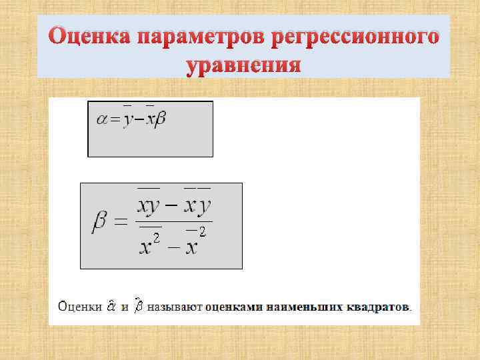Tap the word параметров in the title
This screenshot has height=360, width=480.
point(199,37)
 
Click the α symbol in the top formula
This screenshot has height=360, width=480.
point(102,119)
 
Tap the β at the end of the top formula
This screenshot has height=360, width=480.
point(159,119)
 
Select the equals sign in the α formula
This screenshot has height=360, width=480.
point(115,120)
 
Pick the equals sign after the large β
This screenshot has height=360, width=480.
point(120,224)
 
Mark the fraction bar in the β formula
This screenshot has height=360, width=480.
point(174,222)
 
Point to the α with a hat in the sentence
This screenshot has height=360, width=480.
point(111,307)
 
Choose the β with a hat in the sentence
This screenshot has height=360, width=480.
point(138,307)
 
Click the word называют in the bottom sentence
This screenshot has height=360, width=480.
point(175,307)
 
